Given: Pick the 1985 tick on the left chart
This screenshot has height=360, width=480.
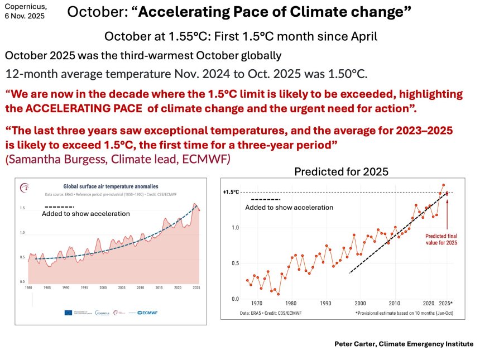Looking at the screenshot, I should pyautogui.click(x=47, y=288).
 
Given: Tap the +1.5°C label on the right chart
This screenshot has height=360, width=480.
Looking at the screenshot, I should pyautogui.click(x=231, y=193).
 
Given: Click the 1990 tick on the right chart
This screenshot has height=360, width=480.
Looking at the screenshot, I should pyautogui.click(x=325, y=303).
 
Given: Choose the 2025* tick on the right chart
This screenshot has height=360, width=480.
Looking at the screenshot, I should pyautogui.click(x=445, y=303).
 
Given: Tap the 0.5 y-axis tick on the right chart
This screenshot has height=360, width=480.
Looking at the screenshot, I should pyautogui.click(x=234, y=263).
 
